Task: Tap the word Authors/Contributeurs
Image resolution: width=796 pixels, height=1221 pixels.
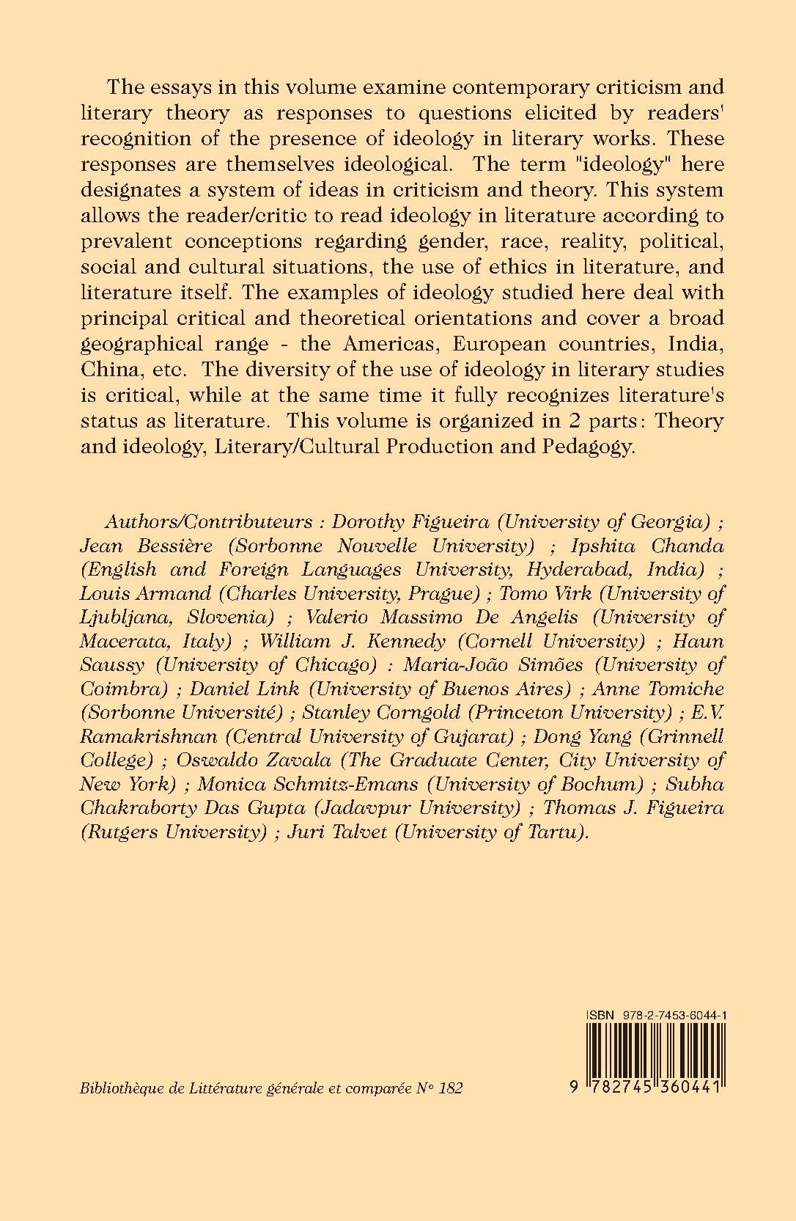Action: [209, 521]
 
